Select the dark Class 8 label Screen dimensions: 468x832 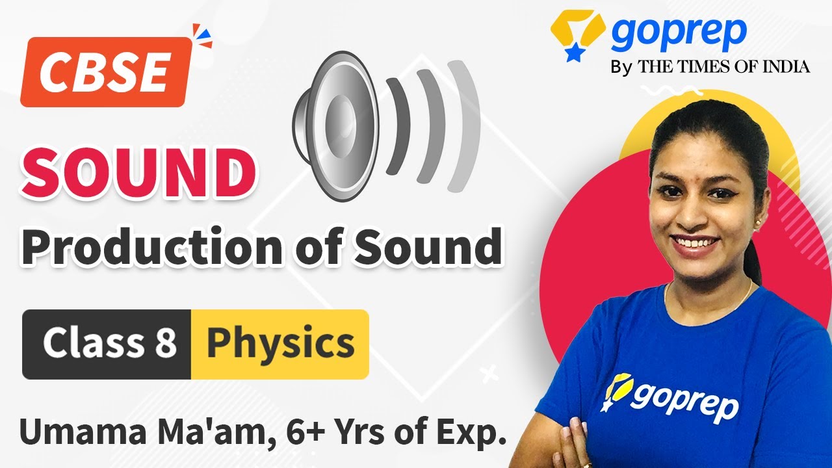pyautogui.click(x=108, y=344)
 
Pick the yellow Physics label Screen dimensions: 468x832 pyautogui.click(x=280, y=344)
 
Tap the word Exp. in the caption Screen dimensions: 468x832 pyautogui.click(x=467, y=432)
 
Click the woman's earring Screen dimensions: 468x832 pyautogui.click(x=758, y=222)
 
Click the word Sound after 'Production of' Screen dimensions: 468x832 pyautogui.click(x=428, y=248)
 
